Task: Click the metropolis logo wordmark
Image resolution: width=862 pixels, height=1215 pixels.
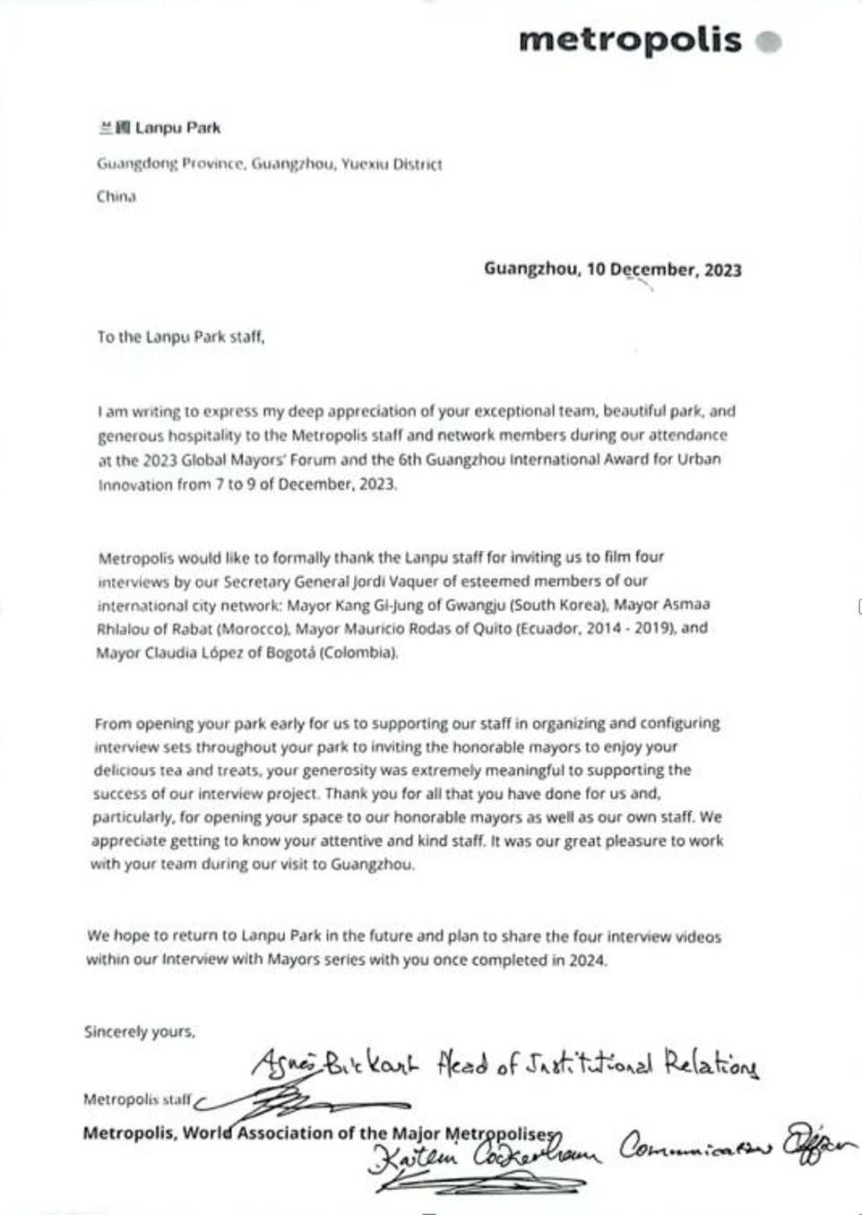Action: click(x=629, y=40)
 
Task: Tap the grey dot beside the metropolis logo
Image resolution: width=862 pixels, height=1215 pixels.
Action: click(x=769, y=41)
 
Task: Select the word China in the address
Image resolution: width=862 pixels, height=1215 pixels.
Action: click(x=116, y=196)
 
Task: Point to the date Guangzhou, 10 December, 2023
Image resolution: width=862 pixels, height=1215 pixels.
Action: click(x=612, y=269)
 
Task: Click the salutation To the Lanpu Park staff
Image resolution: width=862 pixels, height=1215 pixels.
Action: click(x=180, y=337)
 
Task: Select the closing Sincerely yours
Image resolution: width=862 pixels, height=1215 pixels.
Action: click(x=139, y=1031)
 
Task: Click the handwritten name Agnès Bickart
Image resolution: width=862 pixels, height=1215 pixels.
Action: click(x=334, y=1064)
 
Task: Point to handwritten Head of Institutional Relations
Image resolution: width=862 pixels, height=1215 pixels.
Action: click(x=597, y=1064)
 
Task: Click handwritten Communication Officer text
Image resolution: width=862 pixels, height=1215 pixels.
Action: click(x=735, y=1144)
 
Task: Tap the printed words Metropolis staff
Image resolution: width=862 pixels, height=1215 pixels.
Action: click(x=136, y=1099)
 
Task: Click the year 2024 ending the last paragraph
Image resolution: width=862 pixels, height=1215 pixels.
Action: click(x=587, y=960)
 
